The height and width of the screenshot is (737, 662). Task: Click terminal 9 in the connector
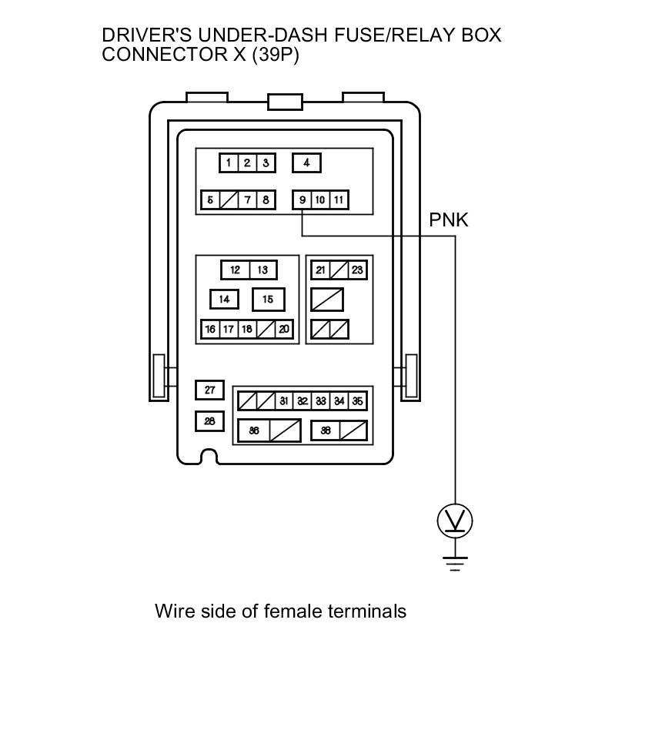[303, 200]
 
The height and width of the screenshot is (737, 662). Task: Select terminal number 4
[306, 162]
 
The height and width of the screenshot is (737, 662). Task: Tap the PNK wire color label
[448, 220]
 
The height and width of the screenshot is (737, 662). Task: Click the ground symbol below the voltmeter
[455, 564]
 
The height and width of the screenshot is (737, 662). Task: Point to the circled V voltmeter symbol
[455, 521]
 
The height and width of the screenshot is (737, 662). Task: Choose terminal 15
[268, 299]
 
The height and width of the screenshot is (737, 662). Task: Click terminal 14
[224, 299]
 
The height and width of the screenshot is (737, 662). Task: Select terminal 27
[209, 390]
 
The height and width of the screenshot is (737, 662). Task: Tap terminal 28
[209, 421]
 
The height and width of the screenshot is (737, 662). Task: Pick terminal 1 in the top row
[229, 162]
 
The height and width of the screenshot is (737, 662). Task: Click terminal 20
[284, 329]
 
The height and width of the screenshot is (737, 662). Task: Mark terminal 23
[357, 270]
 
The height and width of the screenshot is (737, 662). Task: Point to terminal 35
[357, 401]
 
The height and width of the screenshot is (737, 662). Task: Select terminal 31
[284, 401]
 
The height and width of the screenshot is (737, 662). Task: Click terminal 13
[262, 270]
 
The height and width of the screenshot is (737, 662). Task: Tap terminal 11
[339, 200]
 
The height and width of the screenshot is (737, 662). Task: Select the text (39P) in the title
[275, 55]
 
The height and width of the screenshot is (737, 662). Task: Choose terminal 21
[321, 270]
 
